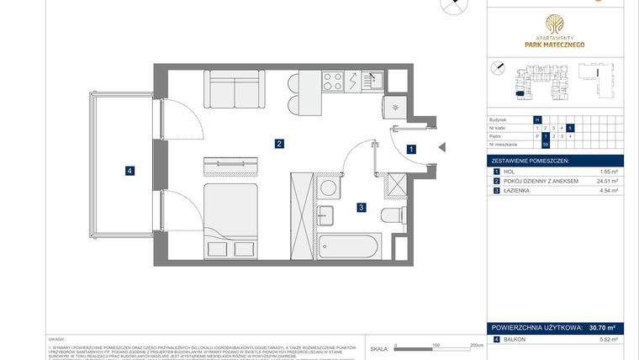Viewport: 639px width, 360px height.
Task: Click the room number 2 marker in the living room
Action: coord(278,144)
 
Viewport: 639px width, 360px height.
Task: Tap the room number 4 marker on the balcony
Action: coord(129,171)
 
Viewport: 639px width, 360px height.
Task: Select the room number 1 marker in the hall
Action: coord(410,150)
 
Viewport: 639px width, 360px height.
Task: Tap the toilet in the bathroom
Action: coord(392,215)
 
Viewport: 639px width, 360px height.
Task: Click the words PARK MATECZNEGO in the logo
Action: coord(556,45)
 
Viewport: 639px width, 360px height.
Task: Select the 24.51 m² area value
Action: coord(607,181)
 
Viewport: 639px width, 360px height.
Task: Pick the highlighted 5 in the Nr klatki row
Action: coord(570,128)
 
